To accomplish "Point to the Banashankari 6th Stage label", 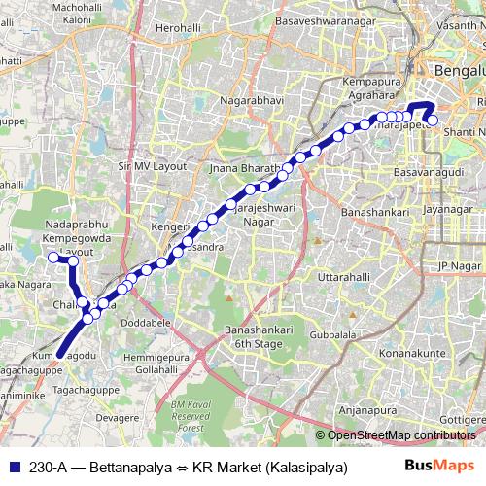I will click(x=254, y=336).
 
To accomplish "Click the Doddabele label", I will click(x=148, y=321).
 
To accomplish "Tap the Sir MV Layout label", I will click(x=151, y=166).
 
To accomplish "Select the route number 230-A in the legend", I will click(x=49, y=467).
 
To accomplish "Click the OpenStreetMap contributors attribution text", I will click(x=400, y=434).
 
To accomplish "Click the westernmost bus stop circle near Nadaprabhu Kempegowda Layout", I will click(x=53, y=229).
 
